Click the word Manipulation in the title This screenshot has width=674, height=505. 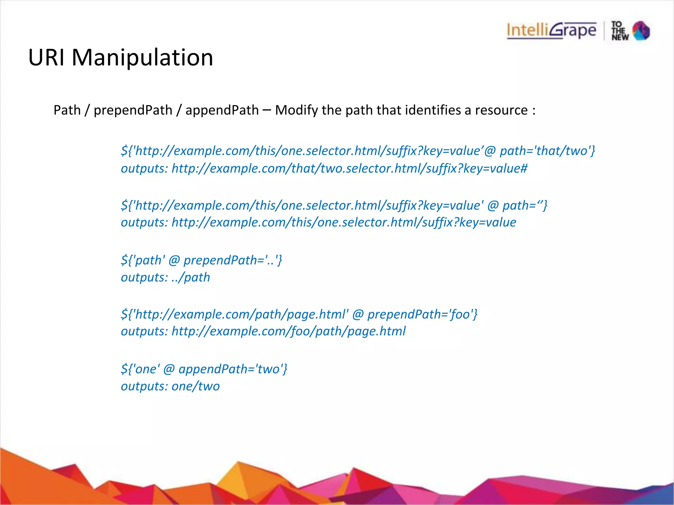click(142, 58)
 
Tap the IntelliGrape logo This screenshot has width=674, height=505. click(551, 31)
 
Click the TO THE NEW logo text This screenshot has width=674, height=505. click(620, 31)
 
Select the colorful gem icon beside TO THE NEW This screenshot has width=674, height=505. click(641, 31)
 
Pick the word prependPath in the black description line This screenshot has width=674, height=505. click(133, 110)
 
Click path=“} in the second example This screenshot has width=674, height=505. click(525, 205)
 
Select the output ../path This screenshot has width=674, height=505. click(191, 277)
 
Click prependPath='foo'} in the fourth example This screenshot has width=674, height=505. click(422, 314)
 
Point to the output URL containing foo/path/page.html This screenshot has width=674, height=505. click(289, 331)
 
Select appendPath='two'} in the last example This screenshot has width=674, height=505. click(233, 369)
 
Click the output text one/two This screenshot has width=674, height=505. click(195, 386)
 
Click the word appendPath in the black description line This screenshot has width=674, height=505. click(222, 110)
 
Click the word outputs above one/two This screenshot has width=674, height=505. click(144, 386)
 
